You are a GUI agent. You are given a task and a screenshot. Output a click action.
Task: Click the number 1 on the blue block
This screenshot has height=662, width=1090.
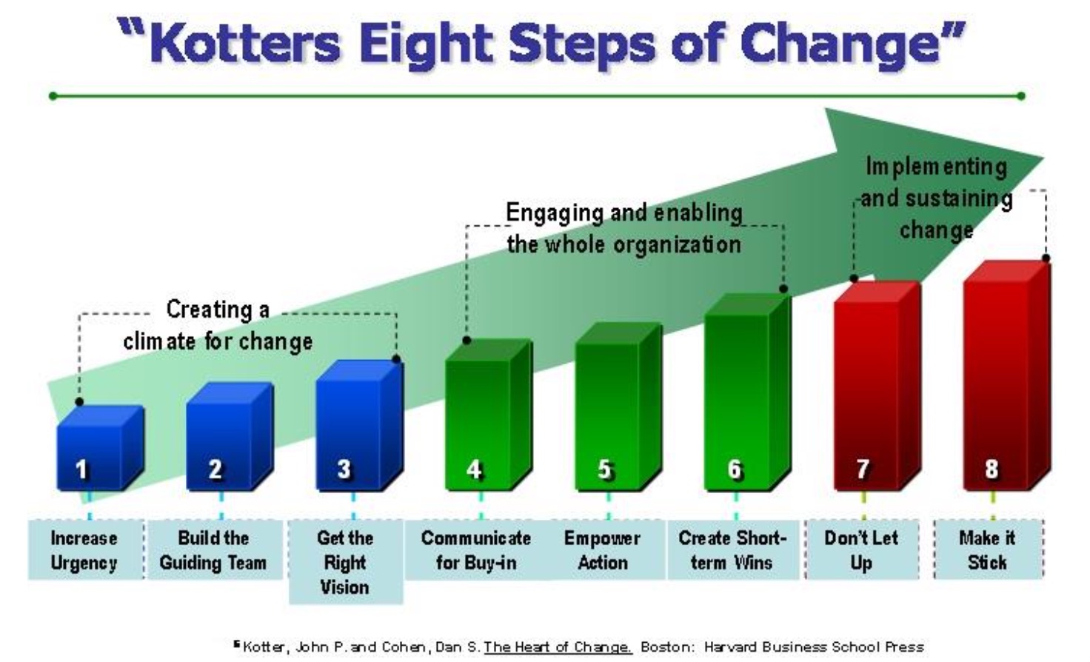coord(81,469)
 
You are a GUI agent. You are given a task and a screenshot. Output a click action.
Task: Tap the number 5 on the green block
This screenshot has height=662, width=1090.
coord(604,469)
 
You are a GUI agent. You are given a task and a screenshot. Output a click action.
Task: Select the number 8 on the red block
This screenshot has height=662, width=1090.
coord(992,469)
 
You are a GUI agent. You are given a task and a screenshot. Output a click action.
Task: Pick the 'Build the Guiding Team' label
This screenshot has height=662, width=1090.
coord(214,550)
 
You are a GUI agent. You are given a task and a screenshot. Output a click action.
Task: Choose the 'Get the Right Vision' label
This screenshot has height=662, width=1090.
coord(346,562)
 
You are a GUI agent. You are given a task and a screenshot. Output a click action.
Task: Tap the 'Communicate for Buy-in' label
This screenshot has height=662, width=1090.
coord(476,550)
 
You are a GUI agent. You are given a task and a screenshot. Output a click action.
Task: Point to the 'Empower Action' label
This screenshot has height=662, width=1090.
coord(603,550)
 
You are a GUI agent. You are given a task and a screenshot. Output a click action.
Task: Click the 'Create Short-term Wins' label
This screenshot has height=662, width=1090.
coord(733,550)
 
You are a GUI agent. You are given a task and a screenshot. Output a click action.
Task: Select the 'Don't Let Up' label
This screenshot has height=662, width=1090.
coord(862,550)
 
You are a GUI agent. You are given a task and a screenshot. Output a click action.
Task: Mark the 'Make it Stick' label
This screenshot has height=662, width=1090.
coord(988,550)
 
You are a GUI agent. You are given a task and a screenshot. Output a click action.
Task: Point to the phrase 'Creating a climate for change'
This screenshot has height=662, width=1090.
coord(218,325)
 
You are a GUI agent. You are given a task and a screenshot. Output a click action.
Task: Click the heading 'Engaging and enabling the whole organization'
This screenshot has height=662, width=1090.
coord(623,228)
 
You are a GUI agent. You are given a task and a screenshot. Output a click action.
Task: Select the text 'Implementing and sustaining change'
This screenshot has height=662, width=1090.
coord(936,198)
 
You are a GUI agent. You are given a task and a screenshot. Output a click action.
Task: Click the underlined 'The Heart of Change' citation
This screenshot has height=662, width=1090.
coord(558,647)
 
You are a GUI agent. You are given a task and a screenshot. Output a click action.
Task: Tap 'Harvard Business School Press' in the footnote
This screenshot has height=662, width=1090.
coord(814,647)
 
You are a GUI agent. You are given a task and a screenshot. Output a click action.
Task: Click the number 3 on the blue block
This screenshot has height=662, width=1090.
coord(344,469)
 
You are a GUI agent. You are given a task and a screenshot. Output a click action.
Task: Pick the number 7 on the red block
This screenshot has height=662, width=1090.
coord(862,469)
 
